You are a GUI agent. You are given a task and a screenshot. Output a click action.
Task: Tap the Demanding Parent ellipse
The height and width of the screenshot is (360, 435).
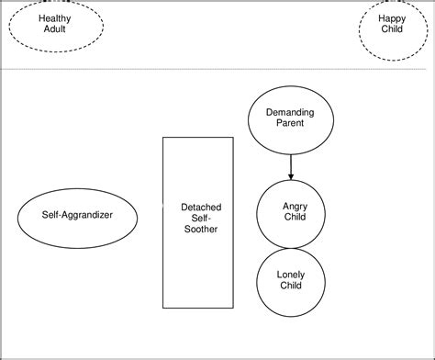pyautogui.click(x=290, y=118)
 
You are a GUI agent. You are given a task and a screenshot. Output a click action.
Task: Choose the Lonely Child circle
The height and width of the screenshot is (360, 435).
pyautogui.click(x=291, y=279)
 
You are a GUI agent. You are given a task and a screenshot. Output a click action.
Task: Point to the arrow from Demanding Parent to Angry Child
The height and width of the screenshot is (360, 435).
pyautogui.click(x=290, y=165)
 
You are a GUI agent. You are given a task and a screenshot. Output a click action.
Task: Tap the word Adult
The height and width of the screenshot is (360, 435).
pyautogui.click(x=55, y=29)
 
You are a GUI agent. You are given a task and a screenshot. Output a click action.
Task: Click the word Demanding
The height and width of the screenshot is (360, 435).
pyautogui.click(x=290, y=113)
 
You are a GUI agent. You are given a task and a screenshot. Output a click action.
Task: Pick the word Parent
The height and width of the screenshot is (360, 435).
pyautogui.click(x=290, y=124)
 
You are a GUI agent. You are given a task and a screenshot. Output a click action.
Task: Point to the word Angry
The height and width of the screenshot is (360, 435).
pyautogui.click(x=295, y=207)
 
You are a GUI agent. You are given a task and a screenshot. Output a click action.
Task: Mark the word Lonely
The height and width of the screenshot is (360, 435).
pyautogui.click(x=291, y=274)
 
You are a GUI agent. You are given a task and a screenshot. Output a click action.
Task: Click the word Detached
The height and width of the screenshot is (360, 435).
pyautogui.click(x=200, y=208)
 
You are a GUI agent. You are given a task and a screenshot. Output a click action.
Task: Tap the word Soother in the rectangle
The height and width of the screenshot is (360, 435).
pyautogui.click(x=200, y=229)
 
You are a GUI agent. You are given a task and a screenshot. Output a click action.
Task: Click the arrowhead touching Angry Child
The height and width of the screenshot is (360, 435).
pyautogui.click(x=290, y=176)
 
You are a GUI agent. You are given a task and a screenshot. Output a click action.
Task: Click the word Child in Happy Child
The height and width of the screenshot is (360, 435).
pyautogui.click(x=392, y=29)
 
